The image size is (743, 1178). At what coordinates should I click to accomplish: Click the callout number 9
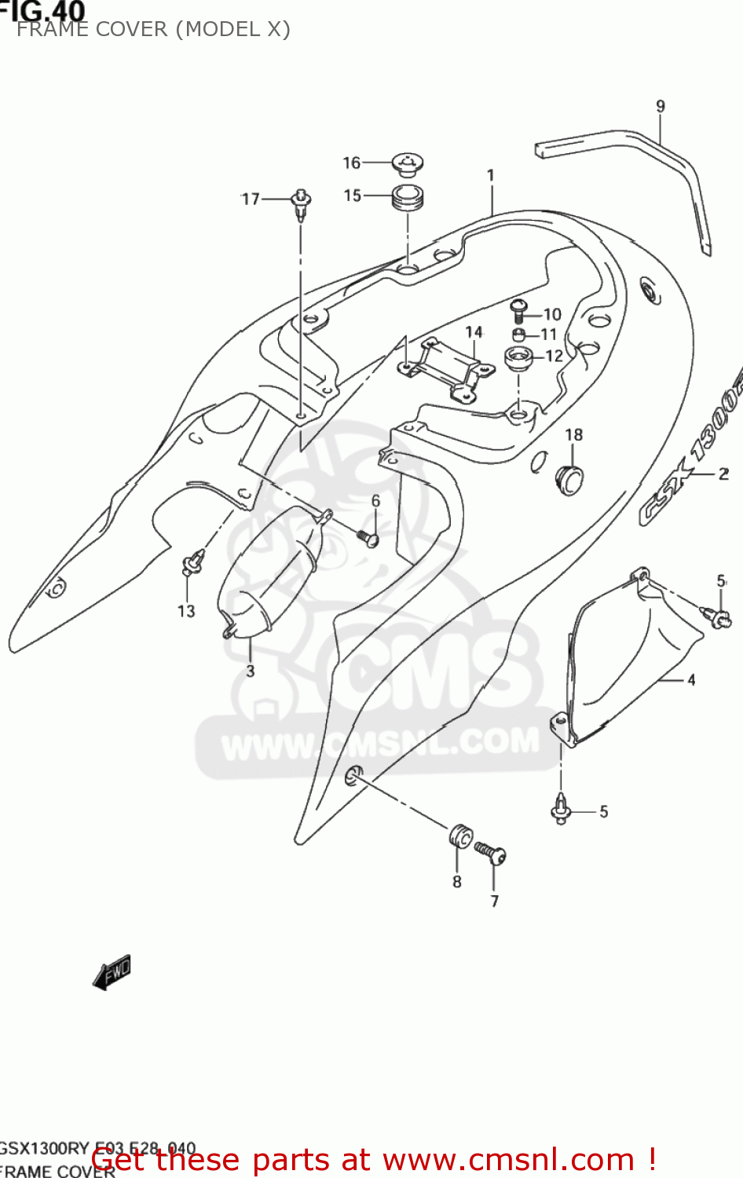pos(661,106)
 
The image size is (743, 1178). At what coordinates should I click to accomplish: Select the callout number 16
pos(351,163)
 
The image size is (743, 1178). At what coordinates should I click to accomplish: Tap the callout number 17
pos(251,199)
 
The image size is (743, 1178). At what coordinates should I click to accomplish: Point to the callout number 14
pos(474,332)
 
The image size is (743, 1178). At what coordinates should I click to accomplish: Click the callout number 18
pos(574,435)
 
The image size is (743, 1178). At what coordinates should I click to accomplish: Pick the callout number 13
pos(186,611)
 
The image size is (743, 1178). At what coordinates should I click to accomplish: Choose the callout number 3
pos(250,671)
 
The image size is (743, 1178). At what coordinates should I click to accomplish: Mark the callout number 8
pos(457,882)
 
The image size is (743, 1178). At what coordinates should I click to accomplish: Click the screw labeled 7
pos(492,854)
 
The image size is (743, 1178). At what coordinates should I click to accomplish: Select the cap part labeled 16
pos(408,164)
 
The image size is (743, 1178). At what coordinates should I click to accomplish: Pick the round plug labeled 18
pos(570,479)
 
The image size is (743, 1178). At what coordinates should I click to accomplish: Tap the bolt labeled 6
pos(367,537)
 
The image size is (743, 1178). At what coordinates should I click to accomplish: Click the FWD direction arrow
pos(112,972)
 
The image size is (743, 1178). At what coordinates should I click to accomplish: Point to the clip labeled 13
pos(192,562)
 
